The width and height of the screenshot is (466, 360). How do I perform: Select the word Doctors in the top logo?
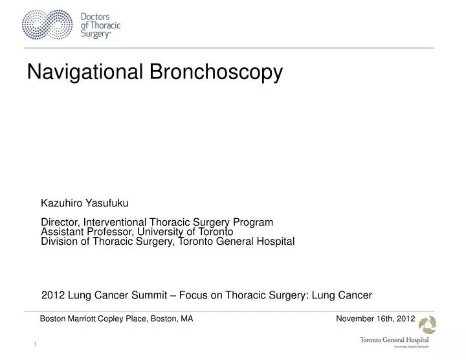point(94,17)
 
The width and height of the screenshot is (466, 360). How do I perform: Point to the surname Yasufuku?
point(104,203)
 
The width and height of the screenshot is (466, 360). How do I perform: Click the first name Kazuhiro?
point(62,203)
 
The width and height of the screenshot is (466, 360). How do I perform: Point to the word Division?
point(59,242)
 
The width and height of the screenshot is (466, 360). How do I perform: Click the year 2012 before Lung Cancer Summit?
point(52,295)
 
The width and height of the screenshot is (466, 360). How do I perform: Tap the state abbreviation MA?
point(186,319)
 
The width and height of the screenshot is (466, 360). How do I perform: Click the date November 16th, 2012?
point(375,319)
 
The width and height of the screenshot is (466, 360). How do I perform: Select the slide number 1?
point(35,343)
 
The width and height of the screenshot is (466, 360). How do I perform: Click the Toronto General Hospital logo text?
point(394,340)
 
